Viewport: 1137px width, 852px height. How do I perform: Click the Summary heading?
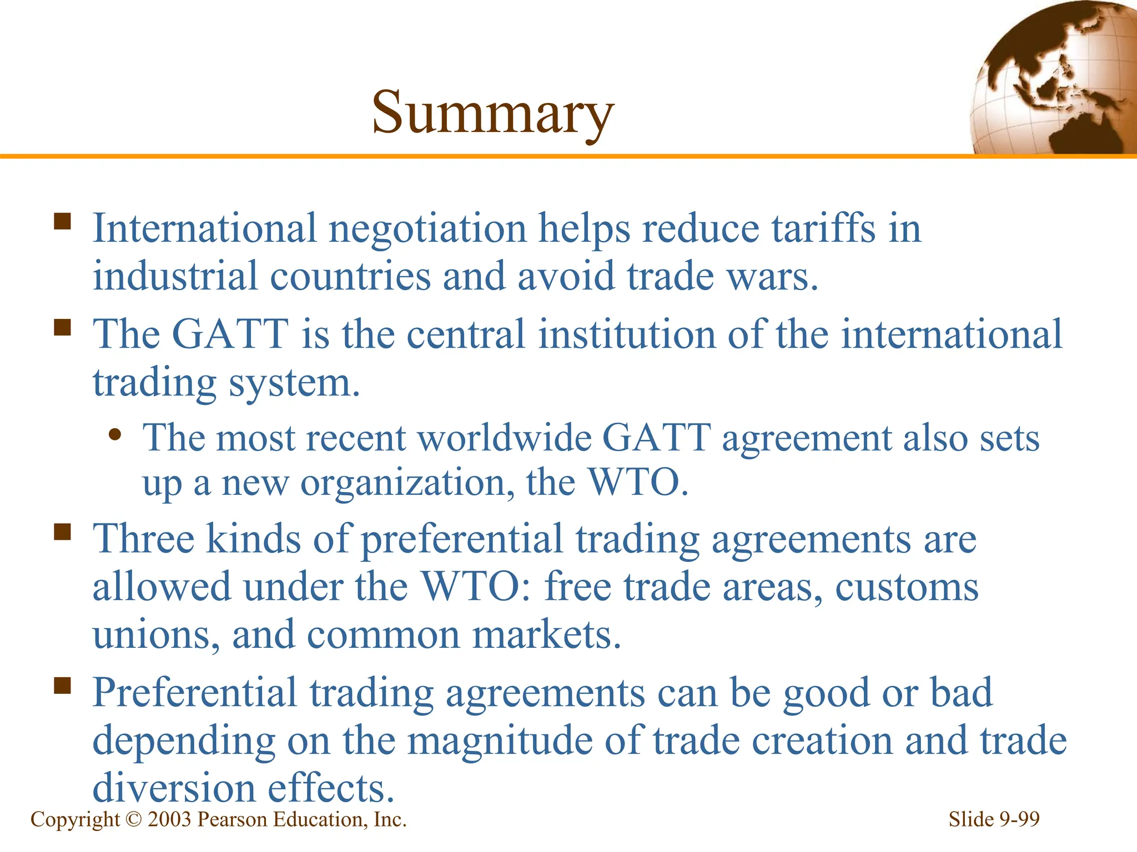tap(492, 113)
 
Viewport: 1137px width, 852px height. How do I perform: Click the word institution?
tap(626, 334)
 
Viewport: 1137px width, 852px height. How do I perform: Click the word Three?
tap(143, 539)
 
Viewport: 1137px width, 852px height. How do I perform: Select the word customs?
tap(907, 587)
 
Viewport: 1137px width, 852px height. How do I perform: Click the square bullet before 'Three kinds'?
tap(63, 532)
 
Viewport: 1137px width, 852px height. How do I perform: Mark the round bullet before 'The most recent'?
tap(115, 434)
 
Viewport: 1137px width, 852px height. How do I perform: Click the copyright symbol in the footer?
tap(134, 820)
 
